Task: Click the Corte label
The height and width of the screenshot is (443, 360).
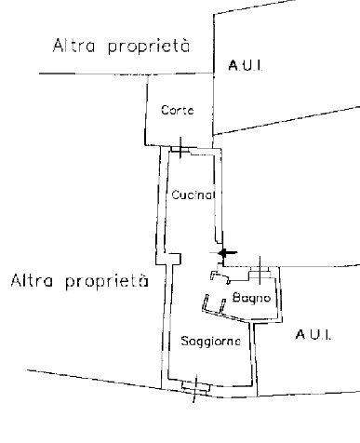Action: [177, 111]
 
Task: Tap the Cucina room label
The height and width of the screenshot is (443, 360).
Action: [193, 195]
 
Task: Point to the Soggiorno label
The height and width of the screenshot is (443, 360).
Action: [212, 342]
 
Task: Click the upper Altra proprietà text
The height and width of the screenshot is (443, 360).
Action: [121, 47]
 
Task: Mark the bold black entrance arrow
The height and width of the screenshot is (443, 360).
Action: [224, 253]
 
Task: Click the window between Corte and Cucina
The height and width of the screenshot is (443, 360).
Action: [180, 149]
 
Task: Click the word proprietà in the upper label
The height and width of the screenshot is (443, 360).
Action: [150, 47]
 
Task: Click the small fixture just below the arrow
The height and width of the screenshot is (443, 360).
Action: [218, 276]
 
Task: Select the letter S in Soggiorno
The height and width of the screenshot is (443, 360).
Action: [186, 342]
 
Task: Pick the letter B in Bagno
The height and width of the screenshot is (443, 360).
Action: [237, 298]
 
